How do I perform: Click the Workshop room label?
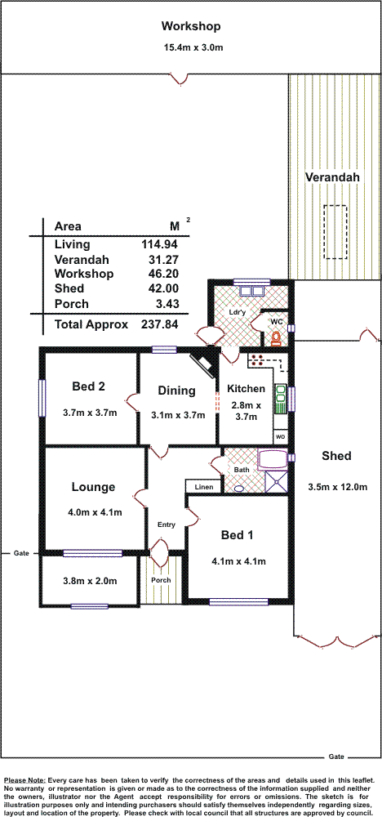pos(190,26)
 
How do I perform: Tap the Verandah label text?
pos(332,177)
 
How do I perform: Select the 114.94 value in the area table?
pos(159,243)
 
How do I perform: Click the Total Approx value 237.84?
pos(159,324)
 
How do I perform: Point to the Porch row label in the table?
pos(71,304)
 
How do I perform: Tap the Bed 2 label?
pos(88,386)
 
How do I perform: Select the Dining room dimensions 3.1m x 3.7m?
pos(177,415)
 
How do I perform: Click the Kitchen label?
pos(247,389)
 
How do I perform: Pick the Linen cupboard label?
pos(204,487)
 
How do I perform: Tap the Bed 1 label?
pos(238,535)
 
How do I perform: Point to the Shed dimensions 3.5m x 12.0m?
pos(338,488)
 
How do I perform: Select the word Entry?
pos(167,525)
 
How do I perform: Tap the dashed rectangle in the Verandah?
pos(335,231)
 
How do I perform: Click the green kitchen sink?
pos(280,398)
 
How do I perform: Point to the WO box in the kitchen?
pos(280,436)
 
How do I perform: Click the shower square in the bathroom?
pos(277,481)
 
